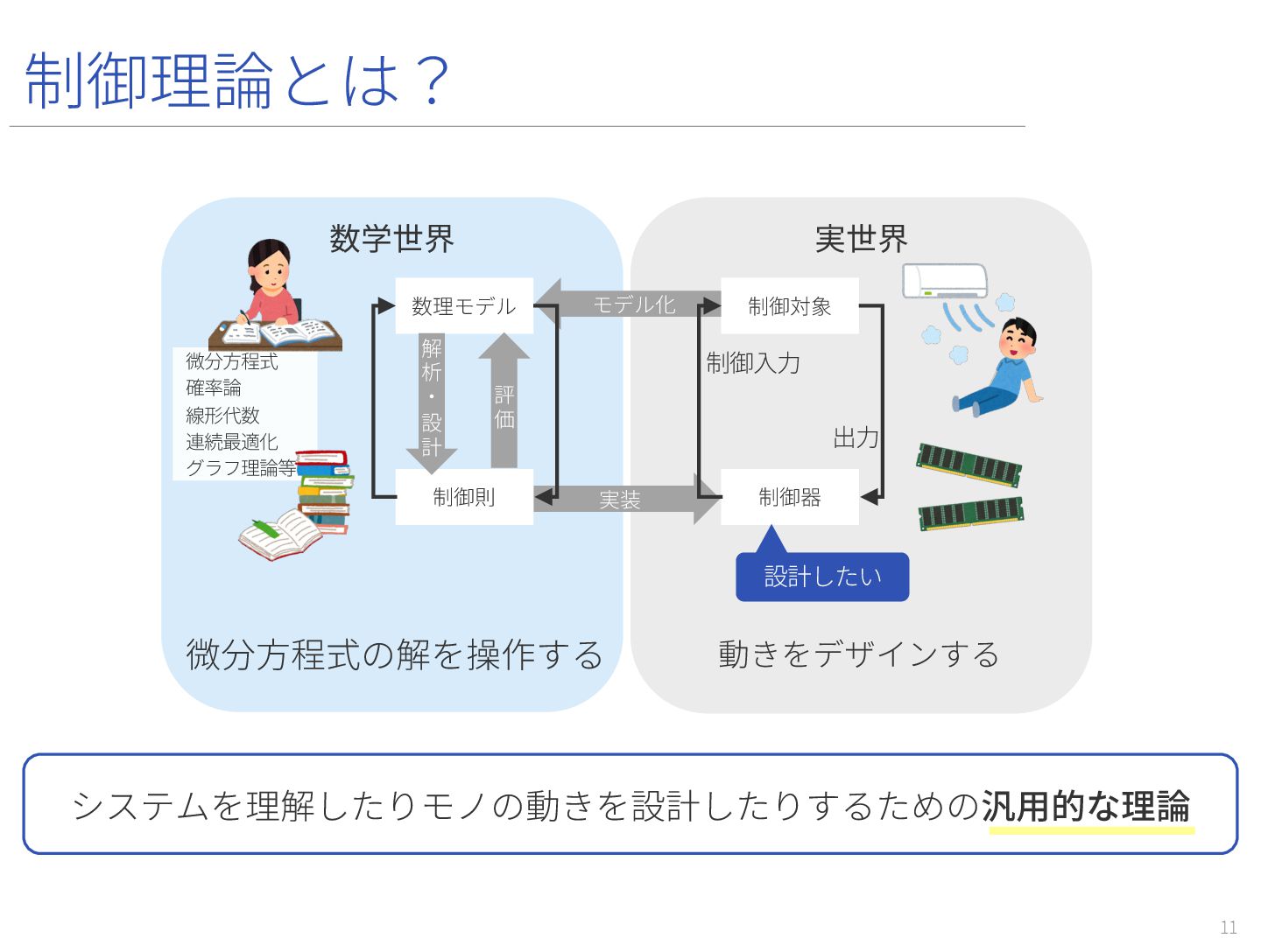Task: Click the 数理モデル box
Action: (464, 305)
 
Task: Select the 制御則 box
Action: (464, 497)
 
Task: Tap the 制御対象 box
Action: (789, 305)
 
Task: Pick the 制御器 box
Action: (789, 497)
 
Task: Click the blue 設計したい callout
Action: (822, 577)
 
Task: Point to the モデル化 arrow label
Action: (634, 304)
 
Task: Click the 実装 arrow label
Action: (620, 500)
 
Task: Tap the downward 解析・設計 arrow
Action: (432, 399)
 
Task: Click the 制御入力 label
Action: (753, 363)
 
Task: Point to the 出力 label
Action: (856, 437)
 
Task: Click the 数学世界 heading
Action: (391, 239)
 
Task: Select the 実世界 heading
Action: (861, 239)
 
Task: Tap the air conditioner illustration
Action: (945, 281)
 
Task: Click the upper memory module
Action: (969, 464)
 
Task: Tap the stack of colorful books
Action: (324, 490)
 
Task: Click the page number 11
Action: (1229, 927)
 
